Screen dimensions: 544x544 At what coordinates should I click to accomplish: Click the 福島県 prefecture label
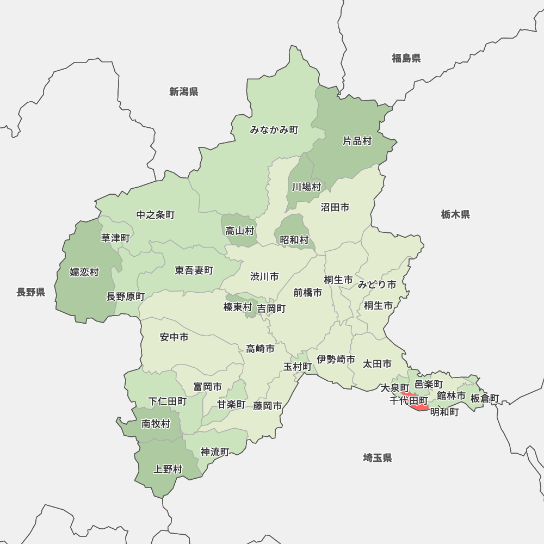coord(406,58)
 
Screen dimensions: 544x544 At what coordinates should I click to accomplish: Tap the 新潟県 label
coord(183,91)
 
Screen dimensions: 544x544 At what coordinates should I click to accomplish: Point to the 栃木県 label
coord(455,214)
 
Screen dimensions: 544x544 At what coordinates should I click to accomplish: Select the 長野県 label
coord(30,292)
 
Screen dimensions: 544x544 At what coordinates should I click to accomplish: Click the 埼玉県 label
coord(378,458)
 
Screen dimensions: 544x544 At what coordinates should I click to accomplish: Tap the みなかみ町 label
coord(275,130)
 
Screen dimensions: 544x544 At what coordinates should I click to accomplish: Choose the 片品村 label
coord(357,141)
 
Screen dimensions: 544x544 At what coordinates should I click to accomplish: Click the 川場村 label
coord(306,187)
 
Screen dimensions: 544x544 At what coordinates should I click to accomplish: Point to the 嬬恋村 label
coord(84,271)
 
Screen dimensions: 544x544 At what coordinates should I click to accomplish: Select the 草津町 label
coord(116,238)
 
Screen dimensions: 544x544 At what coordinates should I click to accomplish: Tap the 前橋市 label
coord(307,292)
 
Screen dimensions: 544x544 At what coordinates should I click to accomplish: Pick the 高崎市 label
coord(260,349)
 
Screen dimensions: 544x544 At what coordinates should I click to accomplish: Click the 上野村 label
coord(168,468)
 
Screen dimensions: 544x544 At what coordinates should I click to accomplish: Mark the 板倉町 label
coord(485,398)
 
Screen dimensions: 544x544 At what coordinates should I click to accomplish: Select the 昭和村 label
coord(294,239)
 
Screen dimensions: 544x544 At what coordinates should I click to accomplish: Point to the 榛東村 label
coord(238,307)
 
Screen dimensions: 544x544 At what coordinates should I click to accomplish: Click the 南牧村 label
coord(156,424)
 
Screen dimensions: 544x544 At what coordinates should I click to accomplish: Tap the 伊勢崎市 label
coord(336,359)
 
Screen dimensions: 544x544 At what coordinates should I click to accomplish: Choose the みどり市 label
coord(377,284)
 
